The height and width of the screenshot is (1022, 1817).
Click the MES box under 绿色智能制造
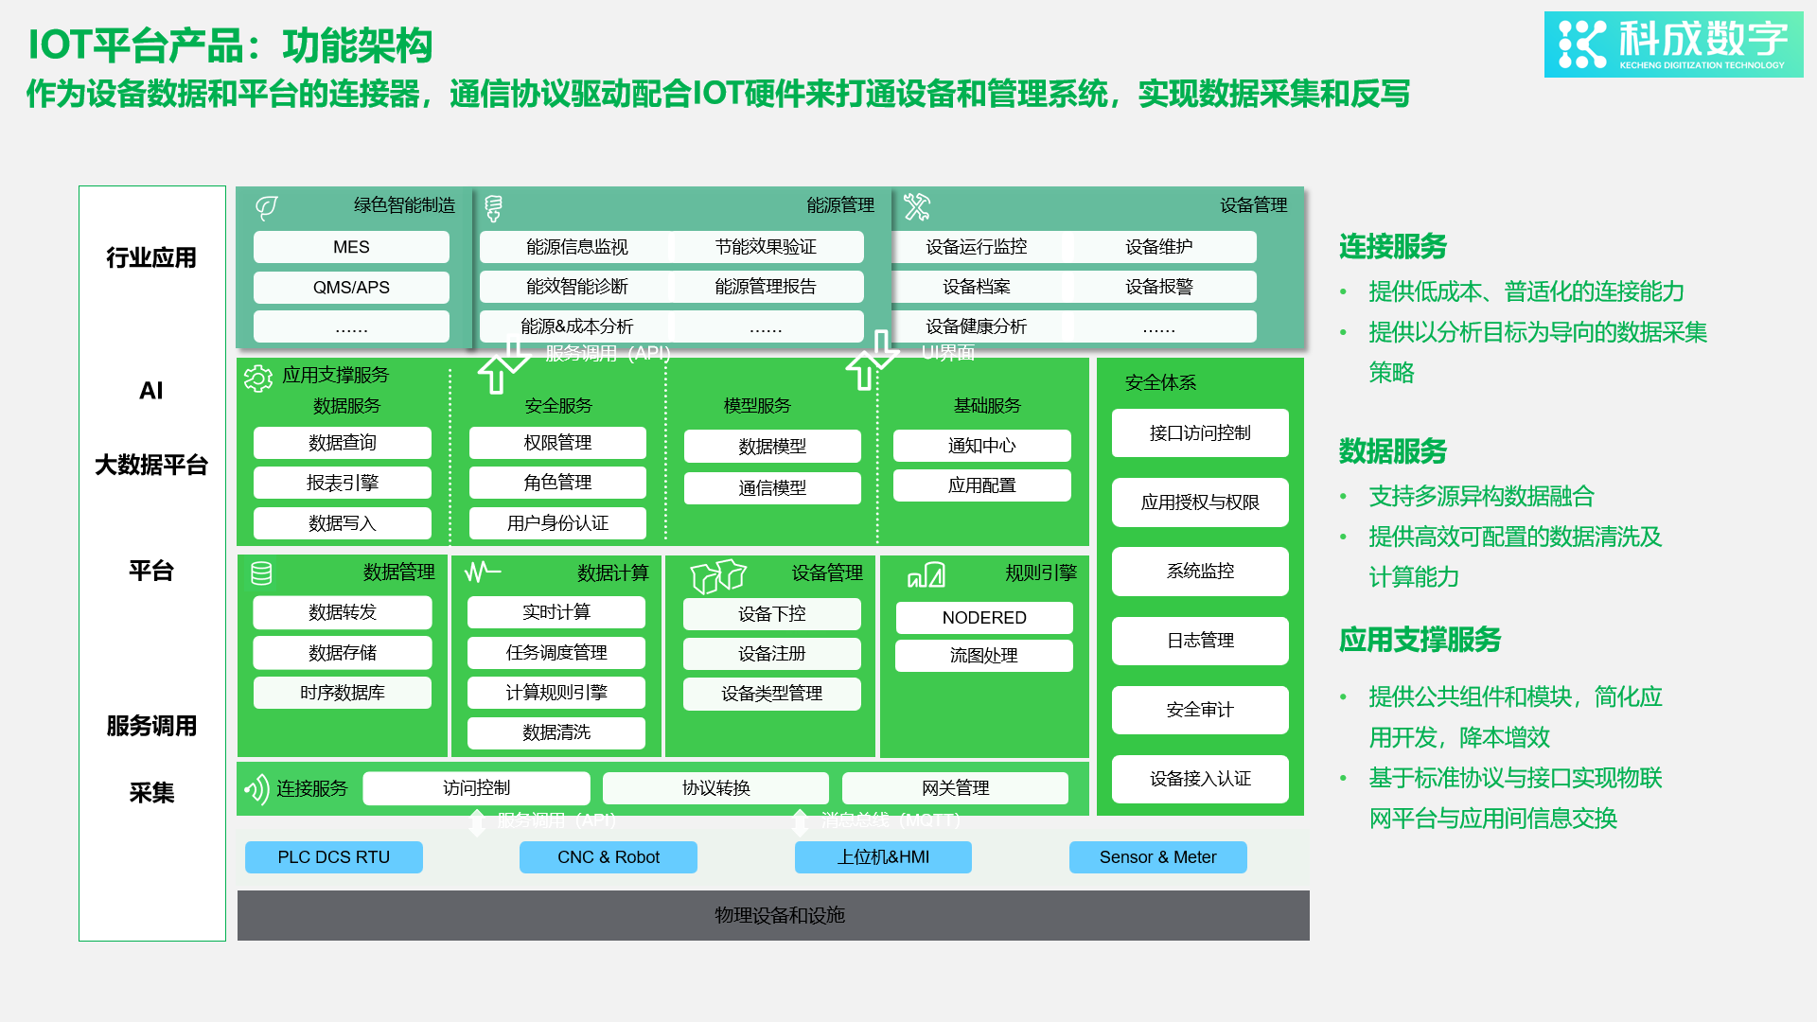(x=351, y=247)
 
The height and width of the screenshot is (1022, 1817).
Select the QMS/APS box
(x=351, y=288)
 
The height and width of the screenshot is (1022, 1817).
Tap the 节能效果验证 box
(x=766, y=247)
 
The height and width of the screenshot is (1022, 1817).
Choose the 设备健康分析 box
(x=976, y=326)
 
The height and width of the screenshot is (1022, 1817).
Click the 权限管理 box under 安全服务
(x=557, y=443)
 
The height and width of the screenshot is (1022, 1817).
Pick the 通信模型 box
(x=772, y=488)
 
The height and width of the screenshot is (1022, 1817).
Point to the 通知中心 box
(x=981, y=446)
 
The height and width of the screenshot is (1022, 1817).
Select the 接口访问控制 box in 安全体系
(x=1200, y=433)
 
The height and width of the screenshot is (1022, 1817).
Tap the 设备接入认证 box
(x=1200, y=779)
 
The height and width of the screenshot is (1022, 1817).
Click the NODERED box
(x=984, y=618)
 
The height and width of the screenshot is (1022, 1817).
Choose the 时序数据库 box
(x=343, y=693)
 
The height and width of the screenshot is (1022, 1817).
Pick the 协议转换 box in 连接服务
(x=715, y=788)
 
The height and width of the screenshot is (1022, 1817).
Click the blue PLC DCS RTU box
(x=334, y=857)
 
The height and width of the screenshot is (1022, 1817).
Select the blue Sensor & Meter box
(x=1157, y=857)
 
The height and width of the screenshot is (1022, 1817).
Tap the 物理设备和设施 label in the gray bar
(x=780, y=915)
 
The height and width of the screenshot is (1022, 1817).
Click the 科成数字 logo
(x=1673, y=44)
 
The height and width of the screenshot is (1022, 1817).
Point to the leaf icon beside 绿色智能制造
(x=267, y=207)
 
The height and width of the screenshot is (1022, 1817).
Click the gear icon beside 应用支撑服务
(x=257, y=379)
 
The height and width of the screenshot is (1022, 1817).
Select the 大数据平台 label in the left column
(x=151, y=466)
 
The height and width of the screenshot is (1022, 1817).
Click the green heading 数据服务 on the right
(x=1393, y=451)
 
